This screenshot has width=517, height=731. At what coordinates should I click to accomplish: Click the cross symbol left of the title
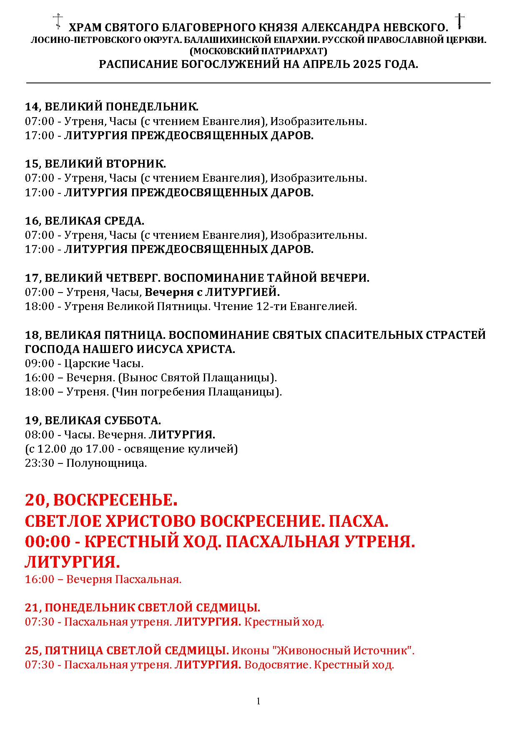coord(58,21)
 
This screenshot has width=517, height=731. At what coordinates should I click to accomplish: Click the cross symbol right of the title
coord(459,21)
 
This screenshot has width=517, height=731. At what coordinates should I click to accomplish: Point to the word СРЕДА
coord(125,220)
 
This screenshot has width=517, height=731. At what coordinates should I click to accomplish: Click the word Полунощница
coord(107,463)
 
